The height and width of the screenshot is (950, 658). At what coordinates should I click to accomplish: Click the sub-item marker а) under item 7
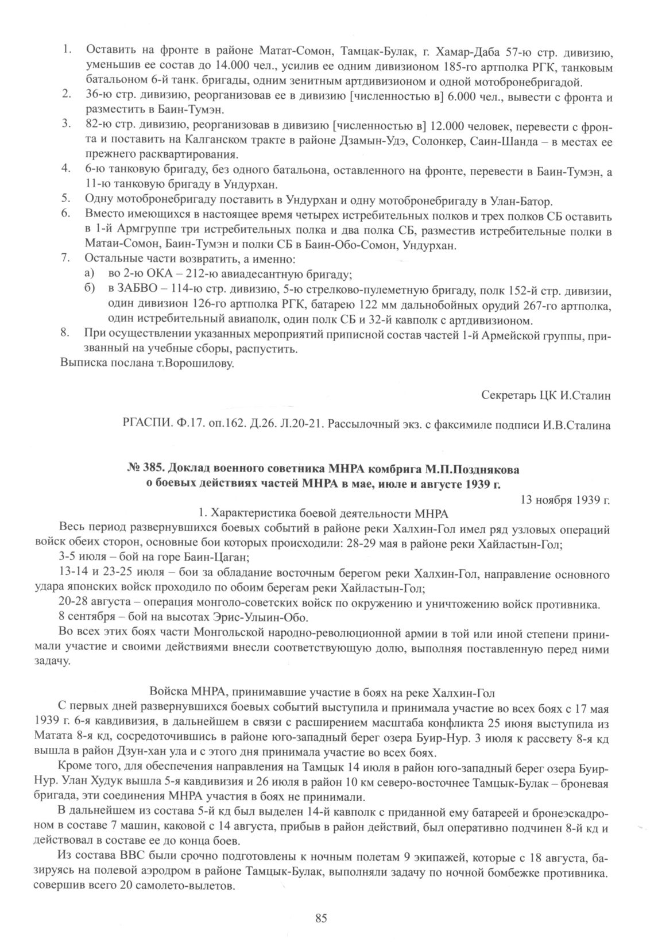(x=89, y=275)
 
